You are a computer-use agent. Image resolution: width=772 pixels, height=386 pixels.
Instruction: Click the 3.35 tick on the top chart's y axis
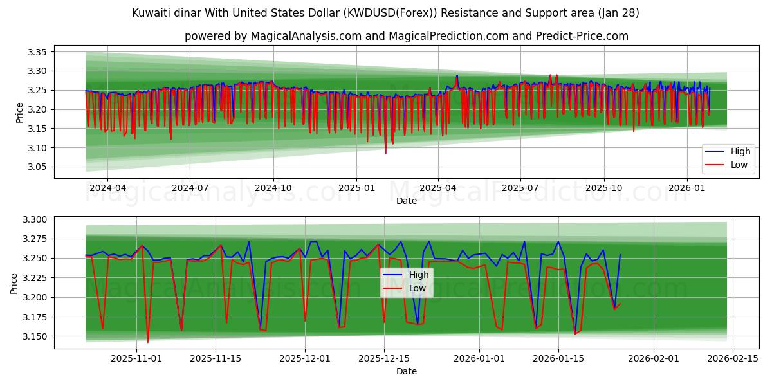(x=37, y=52)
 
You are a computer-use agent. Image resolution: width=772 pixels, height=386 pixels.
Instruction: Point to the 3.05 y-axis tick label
(x=37, y=167)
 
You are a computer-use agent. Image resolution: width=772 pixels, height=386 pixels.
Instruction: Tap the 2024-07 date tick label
(x=190, y=188)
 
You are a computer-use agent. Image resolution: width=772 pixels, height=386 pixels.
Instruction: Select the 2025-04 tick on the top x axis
(x=438, y=188)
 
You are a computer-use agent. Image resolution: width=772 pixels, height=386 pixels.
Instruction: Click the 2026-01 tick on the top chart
(x=687, y=188)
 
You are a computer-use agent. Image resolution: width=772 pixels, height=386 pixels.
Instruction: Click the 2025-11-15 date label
(x=216, y=359)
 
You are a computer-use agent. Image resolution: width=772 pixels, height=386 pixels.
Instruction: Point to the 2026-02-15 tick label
(x=733, y=359)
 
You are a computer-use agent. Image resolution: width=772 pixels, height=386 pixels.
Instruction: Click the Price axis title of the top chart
(x=19, y=112)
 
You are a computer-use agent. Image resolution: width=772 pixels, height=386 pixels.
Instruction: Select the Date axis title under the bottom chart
(x=406, y=371)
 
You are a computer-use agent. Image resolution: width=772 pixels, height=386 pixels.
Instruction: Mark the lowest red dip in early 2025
(x=386, y=154)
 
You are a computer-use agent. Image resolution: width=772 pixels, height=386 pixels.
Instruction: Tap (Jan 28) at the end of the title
(x=618, y=13)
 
